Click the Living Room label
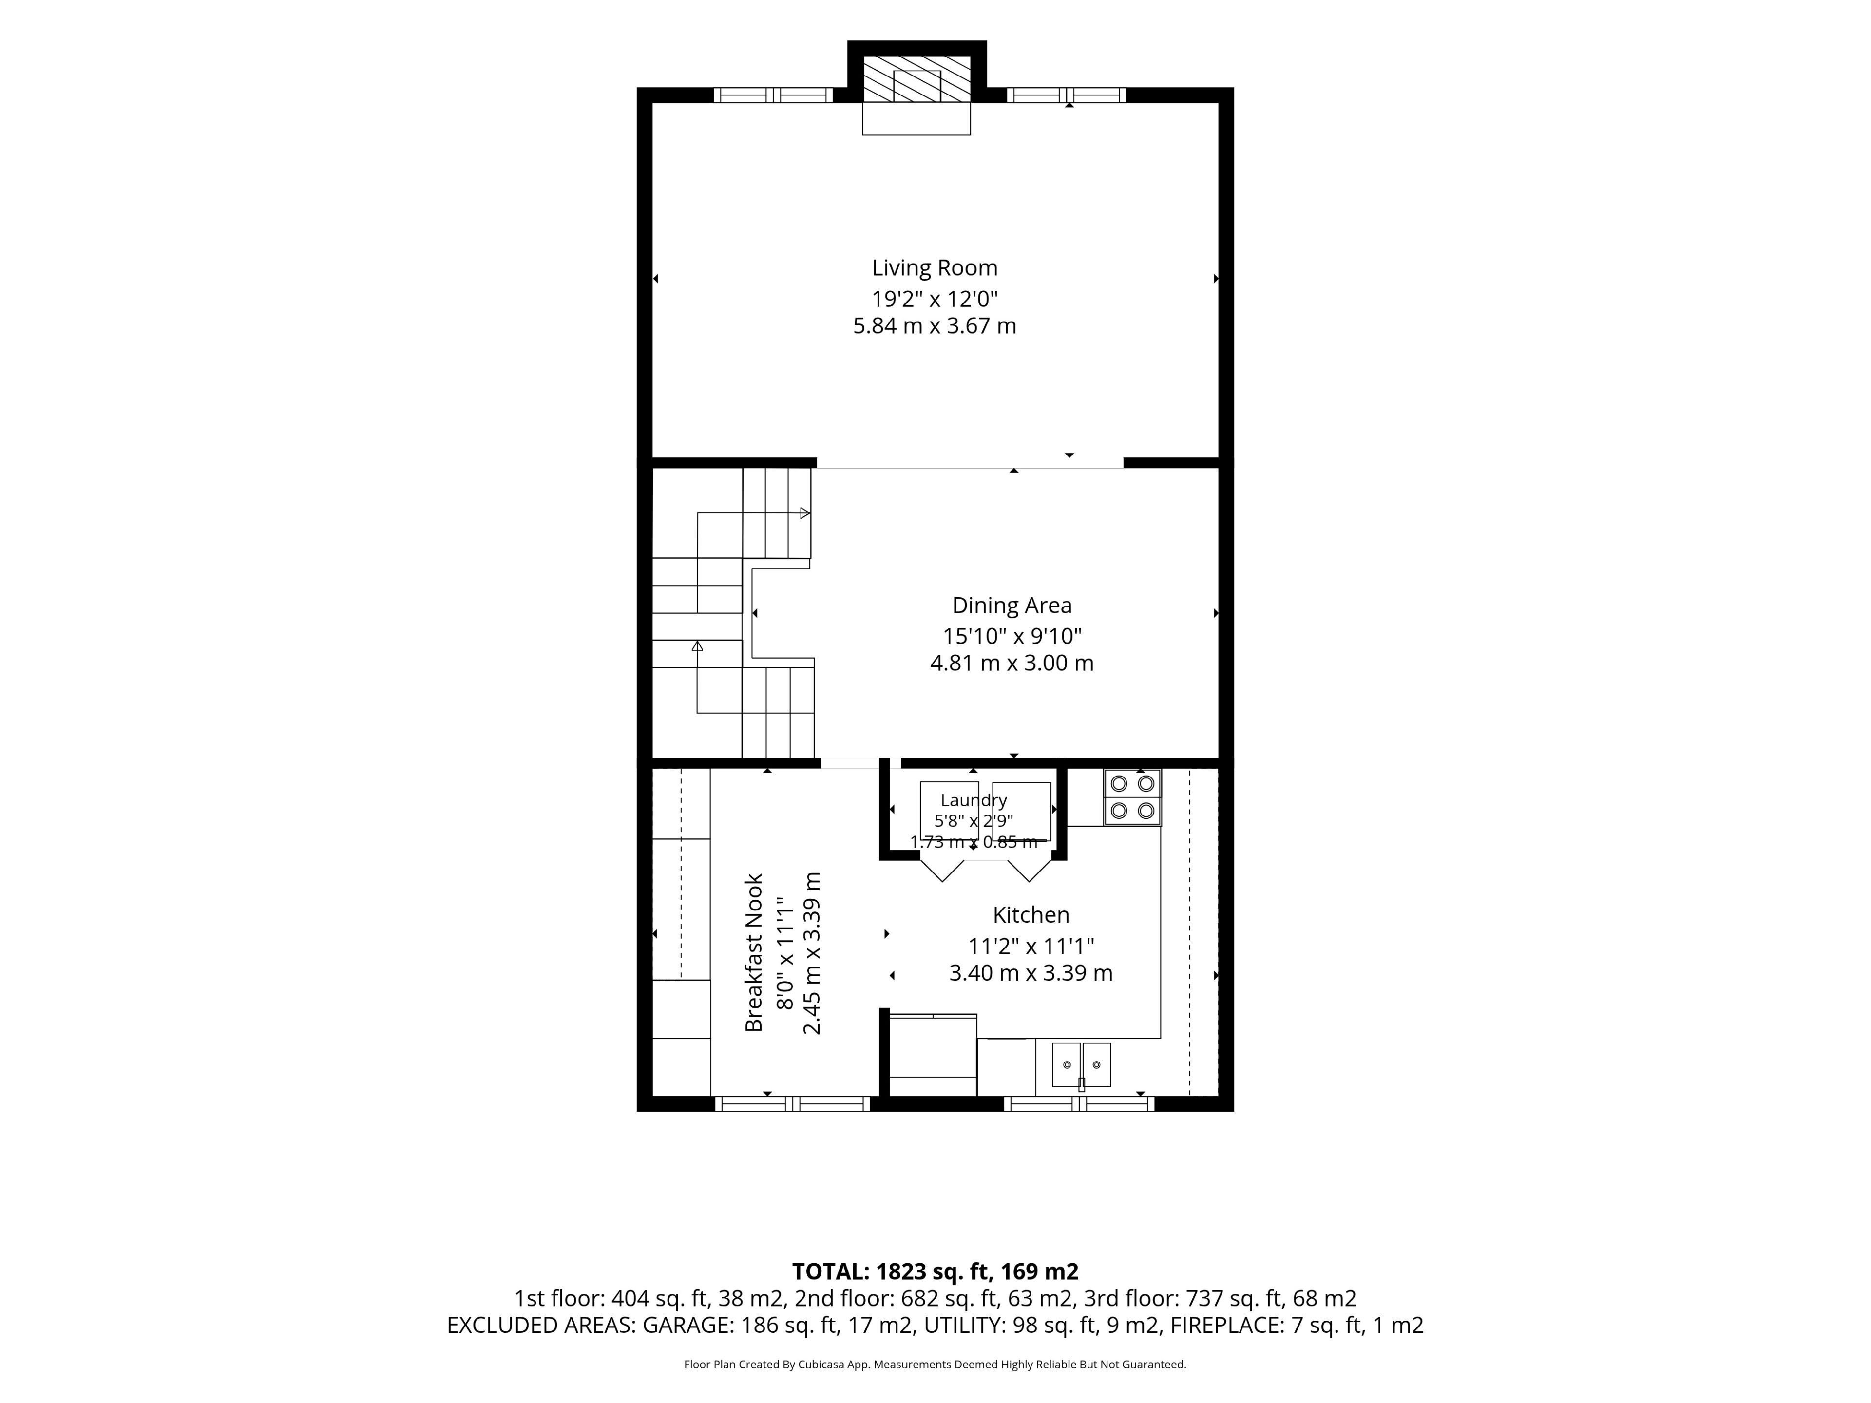tap(935, 268)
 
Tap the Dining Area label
tap(1012, 606)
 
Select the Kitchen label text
tap(1031, 915)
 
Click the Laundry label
tap(974, 800)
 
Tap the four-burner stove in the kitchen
tap(1132, 797)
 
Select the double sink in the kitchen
tap(1081, 1065)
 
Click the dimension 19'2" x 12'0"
tap(935, 299)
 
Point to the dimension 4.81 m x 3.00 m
tap(1012, 663)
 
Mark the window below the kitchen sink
tap(1079, 1103)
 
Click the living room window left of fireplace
tap(773, 95)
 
